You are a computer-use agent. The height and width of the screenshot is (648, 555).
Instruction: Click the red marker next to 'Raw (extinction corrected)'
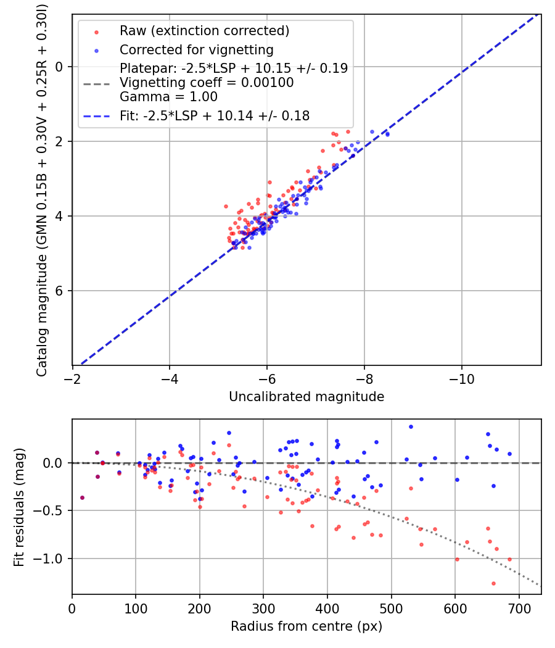(96, 31)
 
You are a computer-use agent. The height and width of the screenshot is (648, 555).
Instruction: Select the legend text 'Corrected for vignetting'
(197, 49)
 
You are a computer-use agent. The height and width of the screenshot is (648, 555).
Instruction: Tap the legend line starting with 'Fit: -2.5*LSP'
(215, 115)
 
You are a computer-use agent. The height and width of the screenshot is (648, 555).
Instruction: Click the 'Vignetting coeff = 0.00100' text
(207, 83)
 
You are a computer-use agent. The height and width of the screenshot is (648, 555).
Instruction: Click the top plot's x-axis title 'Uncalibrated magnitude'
(306, 397)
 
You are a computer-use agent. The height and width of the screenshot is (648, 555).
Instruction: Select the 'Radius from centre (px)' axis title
(306, 626)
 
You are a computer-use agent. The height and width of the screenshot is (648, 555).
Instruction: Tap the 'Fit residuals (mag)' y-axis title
(19, 507)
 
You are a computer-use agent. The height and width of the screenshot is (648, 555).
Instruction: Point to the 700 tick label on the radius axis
(519, 607)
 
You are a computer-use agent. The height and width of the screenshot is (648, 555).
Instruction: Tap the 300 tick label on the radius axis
(263, 607)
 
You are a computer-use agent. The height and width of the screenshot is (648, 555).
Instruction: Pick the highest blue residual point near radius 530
(411, 426)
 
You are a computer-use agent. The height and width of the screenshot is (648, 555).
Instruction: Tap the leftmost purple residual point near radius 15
(82, 497)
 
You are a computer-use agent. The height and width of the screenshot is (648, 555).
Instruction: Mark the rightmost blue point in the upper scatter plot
(387, 134)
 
